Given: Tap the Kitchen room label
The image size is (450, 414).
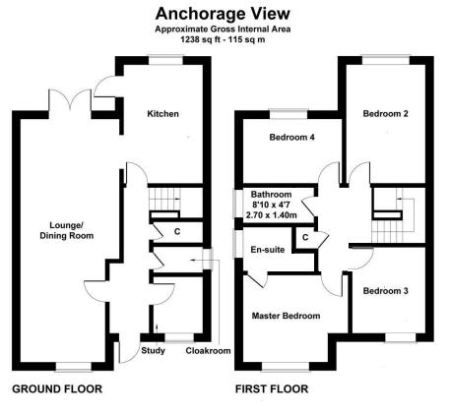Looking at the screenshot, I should [x=162, y=114].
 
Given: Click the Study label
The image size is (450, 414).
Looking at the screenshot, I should [x=153, y=349].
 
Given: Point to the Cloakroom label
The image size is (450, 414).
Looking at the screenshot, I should [x=208, y=349].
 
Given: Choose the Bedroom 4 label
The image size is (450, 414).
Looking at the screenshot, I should [x=292, y=138].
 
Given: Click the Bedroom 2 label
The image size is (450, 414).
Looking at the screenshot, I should [x=385, y=114].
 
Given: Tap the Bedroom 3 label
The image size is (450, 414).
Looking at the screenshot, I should [x=384, y=291].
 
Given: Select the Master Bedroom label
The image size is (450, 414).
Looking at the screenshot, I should [x=286, y=316].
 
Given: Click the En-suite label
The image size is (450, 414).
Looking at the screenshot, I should [x=268, y=250].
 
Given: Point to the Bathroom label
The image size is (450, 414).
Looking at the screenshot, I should [x=271, y=195].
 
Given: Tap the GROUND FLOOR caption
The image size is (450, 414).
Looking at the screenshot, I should [x=56, y=388].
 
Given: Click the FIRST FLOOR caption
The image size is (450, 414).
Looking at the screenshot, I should [x=271, y=388].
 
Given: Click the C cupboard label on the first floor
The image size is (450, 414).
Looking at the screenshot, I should [x=306, y=237].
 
